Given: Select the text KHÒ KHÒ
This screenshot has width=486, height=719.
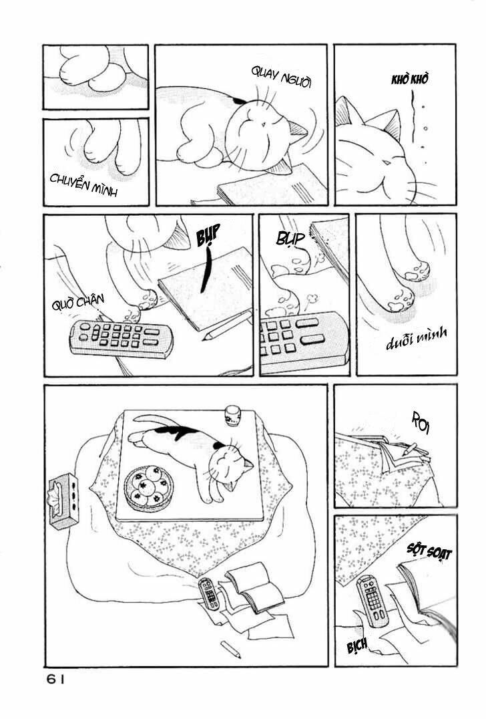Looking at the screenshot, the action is pyautogui.click(x=409, y=79).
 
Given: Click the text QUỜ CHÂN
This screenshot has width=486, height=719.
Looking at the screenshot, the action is pyautogui.click(x=78, y=302).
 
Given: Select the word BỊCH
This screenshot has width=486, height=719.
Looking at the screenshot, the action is pyautogui.click(x=357, y=647).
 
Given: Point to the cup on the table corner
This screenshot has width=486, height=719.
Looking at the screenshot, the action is pyautogui.click(x=232, y=416).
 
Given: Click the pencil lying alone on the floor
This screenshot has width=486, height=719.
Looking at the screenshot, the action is pyautogui.click(x=230, y=650).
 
